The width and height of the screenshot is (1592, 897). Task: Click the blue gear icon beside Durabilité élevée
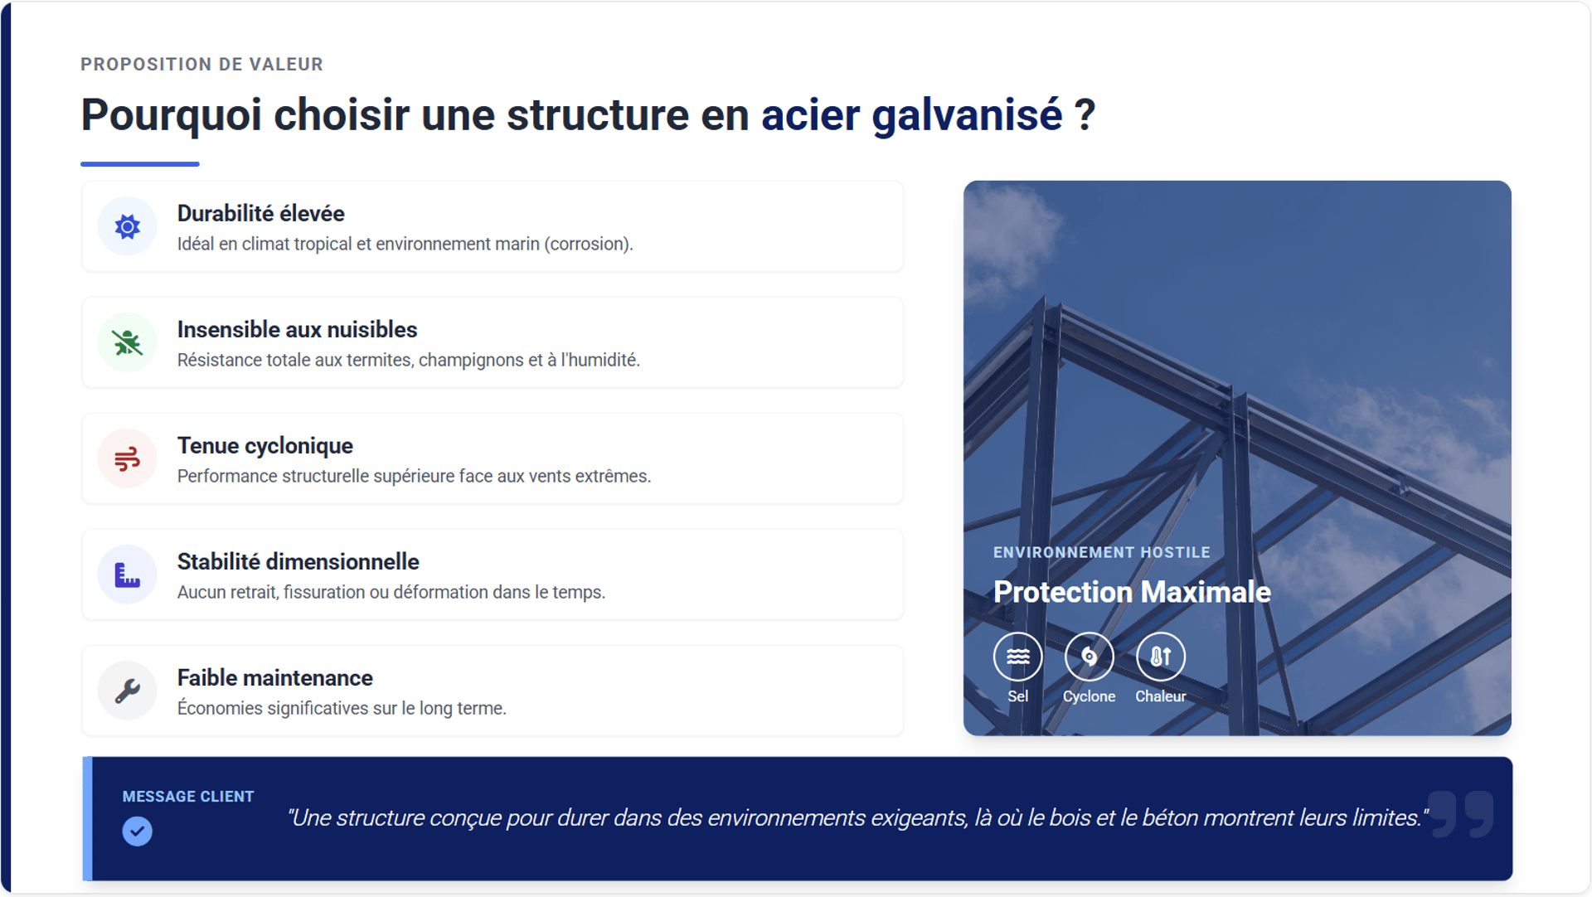(x=128, y=226)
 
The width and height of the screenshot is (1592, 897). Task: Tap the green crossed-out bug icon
(x=128, y=342)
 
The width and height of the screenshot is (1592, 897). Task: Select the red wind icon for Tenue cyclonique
(x=128, y=458)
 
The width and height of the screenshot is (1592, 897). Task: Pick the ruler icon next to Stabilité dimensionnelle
(x=128, y=575)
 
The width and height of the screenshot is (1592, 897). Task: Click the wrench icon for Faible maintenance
(x=128, y=691)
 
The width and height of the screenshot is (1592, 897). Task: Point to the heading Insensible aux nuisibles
(x=297, y=330)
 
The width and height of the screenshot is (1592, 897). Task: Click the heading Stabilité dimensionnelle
(x=298, y=562)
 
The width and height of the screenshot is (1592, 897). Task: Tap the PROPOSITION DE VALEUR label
(x=201, y=65)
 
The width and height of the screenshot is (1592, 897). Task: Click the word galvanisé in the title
(x=967, y=114)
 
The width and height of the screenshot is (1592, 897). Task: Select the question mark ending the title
(x=1085, y=114)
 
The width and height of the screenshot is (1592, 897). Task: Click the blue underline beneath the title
(x=140, y=164)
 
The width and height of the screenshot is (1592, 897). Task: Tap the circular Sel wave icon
(x=1018, y=657)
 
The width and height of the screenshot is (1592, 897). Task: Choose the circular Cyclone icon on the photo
(x=1089, y=657)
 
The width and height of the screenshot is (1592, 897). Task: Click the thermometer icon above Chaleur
(x=1161, y=657)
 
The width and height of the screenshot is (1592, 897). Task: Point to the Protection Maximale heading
(x=1132, y=592)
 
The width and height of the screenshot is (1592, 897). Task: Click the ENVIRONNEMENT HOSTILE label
(x=1101, y=552)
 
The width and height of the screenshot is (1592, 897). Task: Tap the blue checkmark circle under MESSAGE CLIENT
(x=138, y=831)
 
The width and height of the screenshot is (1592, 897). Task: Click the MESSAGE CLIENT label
(x=188, y=797)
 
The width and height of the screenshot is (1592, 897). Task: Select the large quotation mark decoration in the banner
(x=1462, y=813)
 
